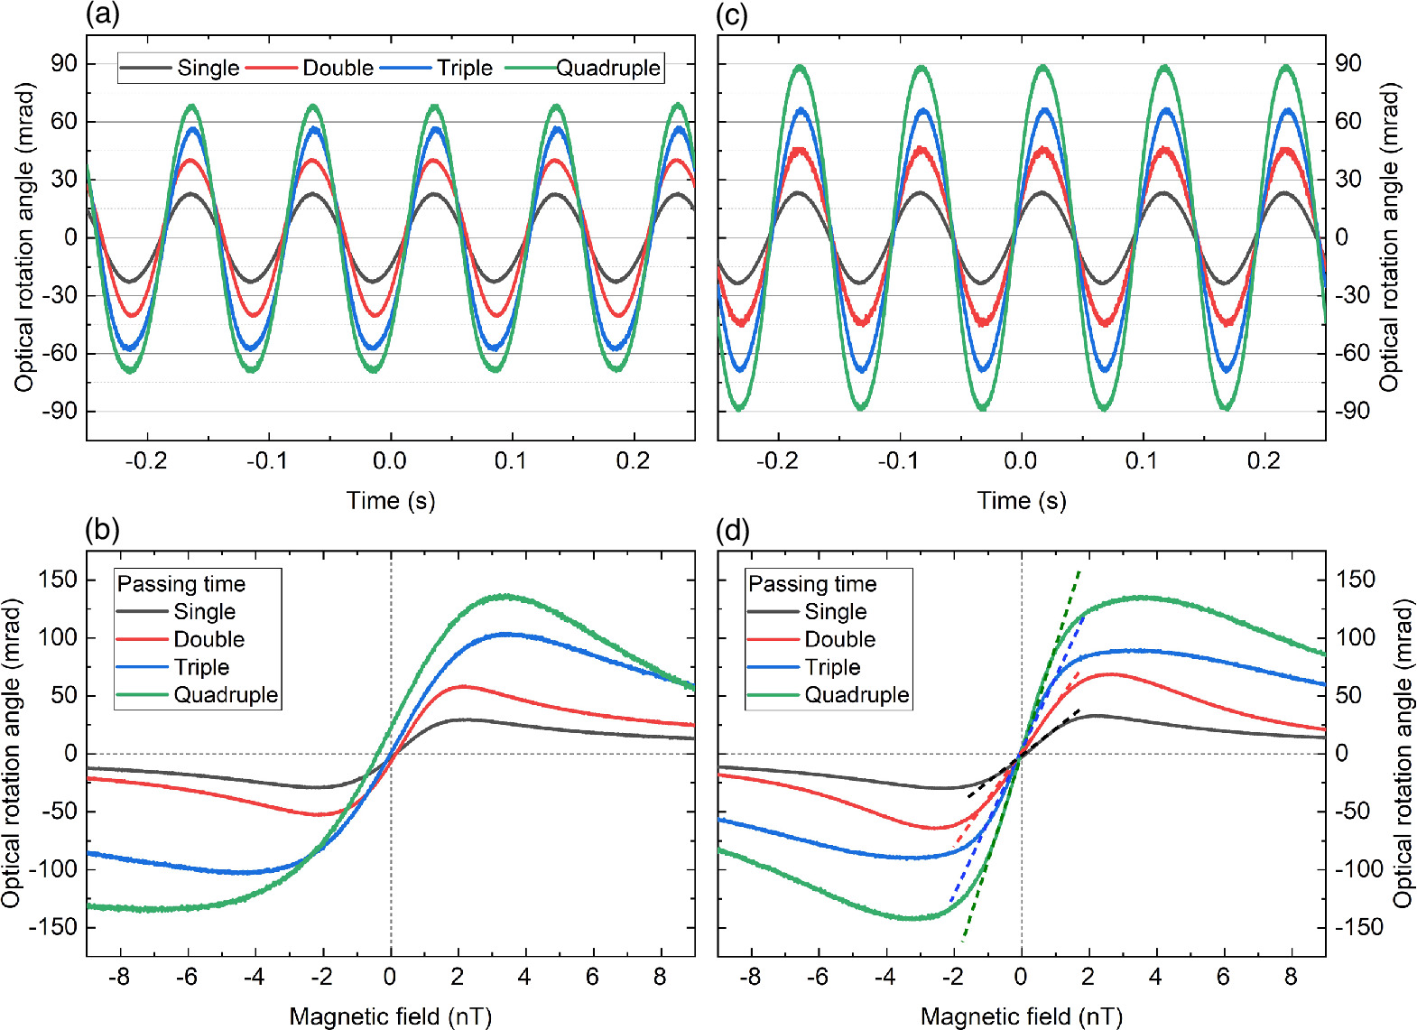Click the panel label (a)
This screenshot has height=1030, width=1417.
tap(102, 14)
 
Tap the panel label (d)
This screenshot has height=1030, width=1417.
tap(732, 530)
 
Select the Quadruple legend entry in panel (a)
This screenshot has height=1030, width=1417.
tap(607, 68)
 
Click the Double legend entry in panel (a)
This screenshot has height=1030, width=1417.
tap(337, 68)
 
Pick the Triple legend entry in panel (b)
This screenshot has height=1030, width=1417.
tap(201, 667)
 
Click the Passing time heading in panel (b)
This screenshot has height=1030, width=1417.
tap(181, 584)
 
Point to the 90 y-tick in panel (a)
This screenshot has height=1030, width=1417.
tap(64, 64)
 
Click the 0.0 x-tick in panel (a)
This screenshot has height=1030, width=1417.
tap(390, 461)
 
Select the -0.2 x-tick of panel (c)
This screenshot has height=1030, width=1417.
tap(777, 461)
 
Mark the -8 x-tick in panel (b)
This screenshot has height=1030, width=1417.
tap(118, 977)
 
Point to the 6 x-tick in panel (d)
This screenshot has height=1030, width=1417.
tap(1223, 977)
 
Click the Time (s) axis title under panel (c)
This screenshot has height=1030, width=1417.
tap(1021, 501)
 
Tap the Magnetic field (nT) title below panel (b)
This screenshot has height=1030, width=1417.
tap(390, 1016)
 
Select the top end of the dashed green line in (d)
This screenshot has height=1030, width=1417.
tap(1079, 571)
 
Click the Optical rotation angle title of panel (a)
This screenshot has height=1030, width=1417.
tap(24, 237)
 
